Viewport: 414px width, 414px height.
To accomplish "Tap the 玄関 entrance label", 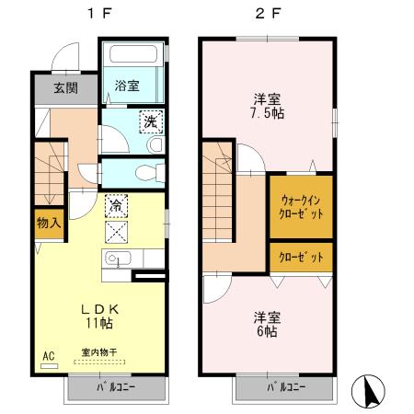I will [x=63, y=88].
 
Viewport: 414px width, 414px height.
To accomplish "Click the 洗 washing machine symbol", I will [x=148, y=121].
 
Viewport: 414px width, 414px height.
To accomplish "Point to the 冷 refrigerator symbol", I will [x=117, y=204].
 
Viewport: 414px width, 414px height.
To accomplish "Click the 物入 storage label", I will [x=49, y=222].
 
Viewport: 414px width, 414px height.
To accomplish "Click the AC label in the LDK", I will [x=48, y=354].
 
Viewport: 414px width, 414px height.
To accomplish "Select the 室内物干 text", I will [x=98, y=351].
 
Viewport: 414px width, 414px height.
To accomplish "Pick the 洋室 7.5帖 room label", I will [x=267, y=108].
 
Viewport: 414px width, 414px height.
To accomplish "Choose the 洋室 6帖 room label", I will [x=267, y=325].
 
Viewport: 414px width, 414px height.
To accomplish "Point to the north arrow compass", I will [x=374, y=393].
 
